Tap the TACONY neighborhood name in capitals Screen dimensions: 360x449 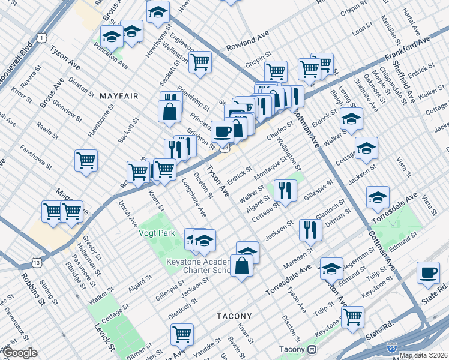pyautogui.click(x=236, y=315)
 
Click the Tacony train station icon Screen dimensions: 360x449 pyautogui.click(x=312, y=349)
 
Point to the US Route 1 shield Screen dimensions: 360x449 pyautogui.click(x=41, y=38)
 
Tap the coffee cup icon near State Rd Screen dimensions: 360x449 pyautogui.click(x=429, y=272)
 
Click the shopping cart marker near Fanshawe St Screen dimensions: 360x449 pyautogui.click(x=86, y=160)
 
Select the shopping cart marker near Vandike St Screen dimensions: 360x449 pyautogui.click(x=182, y=334)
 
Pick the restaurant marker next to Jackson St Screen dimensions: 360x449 pyautogui.click(x=310, y=229)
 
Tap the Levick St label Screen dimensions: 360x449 pyautogui.click(x=103, y=337)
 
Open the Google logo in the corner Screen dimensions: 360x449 pyautogui.click(x=20, y=353)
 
